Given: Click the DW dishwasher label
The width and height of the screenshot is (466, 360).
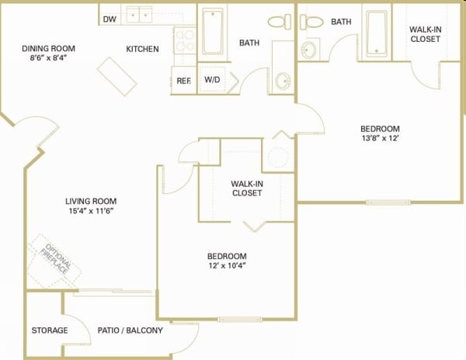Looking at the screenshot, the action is tap(110, 19).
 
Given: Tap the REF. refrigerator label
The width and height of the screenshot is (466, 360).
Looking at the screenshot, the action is tap(183, 81).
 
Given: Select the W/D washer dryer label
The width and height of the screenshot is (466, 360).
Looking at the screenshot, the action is tap(212, 80).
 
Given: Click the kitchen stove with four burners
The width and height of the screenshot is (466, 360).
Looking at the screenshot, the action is tap(185, 40).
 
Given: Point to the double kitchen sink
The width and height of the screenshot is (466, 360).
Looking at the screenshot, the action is tap(139, 14).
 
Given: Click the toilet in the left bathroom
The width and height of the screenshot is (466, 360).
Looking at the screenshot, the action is tap(280, 22).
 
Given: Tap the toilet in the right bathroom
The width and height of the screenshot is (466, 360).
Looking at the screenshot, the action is tap(311, 22).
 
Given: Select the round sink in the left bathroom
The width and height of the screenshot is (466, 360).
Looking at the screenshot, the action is tap(283, 81).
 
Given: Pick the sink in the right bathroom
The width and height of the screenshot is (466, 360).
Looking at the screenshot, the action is tap(309, 50).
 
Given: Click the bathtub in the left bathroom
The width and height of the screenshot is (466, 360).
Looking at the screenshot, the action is tap(213, 32).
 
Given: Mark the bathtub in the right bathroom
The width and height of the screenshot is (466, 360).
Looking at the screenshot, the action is tap(377, 33).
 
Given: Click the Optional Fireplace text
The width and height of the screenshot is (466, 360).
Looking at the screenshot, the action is tap(56, 258).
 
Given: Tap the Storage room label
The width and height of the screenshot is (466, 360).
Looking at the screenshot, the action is tap(50, 331).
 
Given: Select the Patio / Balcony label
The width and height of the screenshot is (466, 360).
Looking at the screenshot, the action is tap(130, 331).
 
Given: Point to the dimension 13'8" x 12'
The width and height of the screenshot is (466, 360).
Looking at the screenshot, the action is tap(380, 138).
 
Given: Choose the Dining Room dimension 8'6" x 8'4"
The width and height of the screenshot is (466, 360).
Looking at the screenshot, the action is tap(48, 58).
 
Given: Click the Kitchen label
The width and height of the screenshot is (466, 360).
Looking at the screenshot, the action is tap(142, 49).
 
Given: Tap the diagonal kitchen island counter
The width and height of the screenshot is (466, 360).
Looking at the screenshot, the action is tap(116, 76).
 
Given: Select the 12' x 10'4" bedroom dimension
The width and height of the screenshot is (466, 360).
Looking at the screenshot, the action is tap(227, 265).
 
